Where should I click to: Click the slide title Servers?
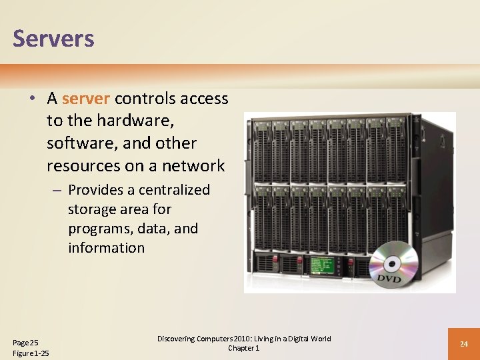coord(53,38)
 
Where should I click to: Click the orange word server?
coord(85,99)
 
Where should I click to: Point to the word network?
coord(193,165)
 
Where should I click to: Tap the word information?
coord(106,248)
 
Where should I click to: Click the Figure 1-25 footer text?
coord(31,353)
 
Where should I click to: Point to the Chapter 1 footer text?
coord(243,348)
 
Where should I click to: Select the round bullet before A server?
coord(32,99)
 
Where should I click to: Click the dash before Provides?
coord(58,191)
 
